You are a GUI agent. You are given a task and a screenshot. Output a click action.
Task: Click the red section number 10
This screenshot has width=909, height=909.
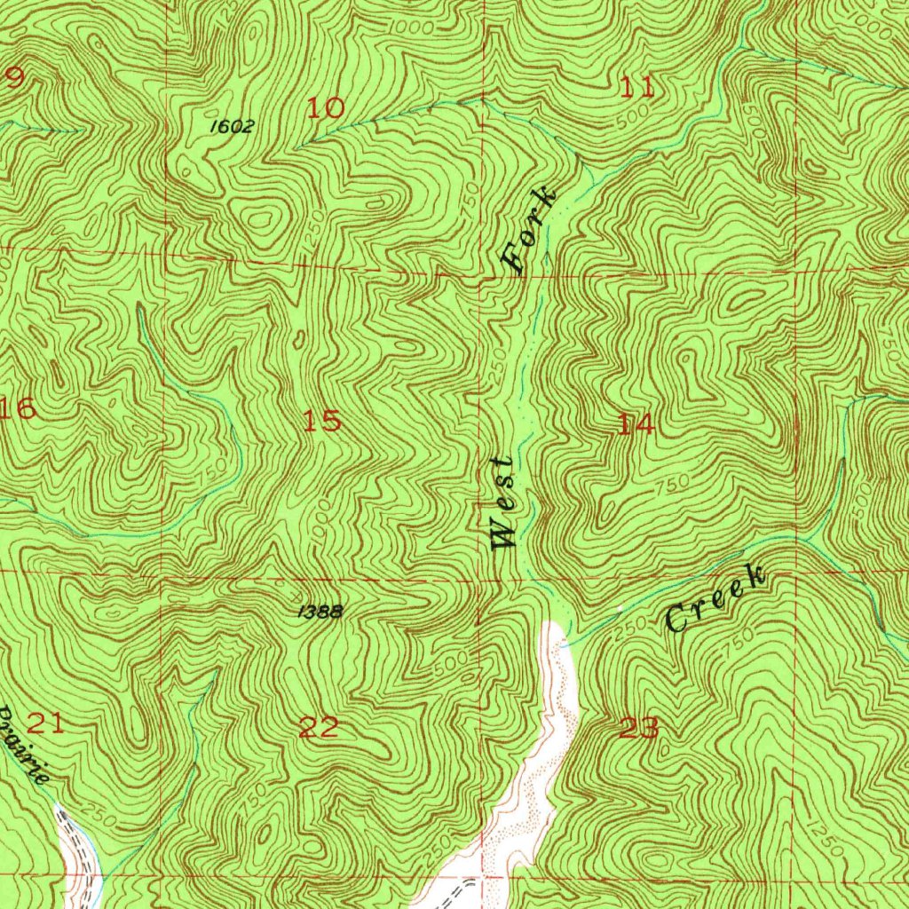325,109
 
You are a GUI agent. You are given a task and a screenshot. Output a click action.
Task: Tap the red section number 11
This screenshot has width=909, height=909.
637,87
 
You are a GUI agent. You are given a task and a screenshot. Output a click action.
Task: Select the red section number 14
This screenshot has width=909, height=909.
636,425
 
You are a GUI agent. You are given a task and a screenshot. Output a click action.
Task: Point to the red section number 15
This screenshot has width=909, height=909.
321,421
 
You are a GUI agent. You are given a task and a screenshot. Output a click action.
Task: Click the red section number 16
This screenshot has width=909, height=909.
18,409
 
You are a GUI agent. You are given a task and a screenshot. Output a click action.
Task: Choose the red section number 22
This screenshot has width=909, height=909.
319,728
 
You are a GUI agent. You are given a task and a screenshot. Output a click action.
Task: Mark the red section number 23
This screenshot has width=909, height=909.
639,729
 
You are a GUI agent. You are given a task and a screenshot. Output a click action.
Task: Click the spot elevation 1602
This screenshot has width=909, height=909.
232,127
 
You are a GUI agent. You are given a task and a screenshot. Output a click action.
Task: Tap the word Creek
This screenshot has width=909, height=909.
715,601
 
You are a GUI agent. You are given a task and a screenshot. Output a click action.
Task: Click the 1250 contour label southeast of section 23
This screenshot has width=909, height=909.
826,843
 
